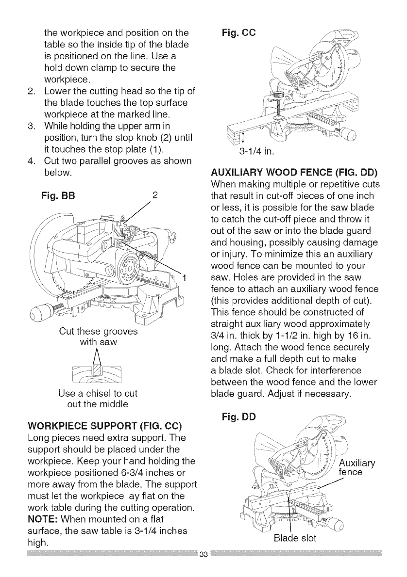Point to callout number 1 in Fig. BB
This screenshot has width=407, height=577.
(185, 277)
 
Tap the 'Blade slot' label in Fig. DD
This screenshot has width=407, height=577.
(292, 551)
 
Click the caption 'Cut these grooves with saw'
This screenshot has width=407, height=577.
(98, 337)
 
